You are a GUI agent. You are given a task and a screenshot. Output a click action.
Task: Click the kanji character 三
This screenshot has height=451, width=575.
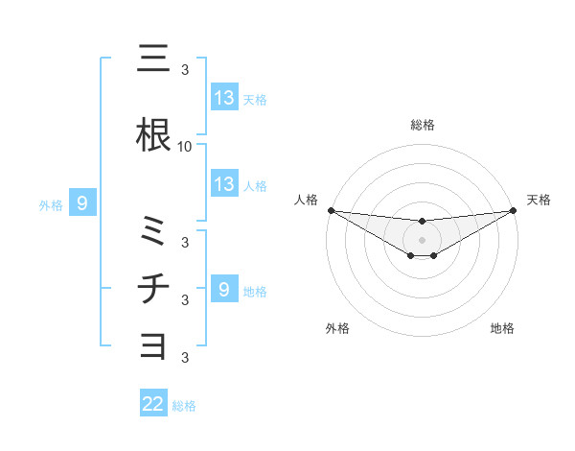153,59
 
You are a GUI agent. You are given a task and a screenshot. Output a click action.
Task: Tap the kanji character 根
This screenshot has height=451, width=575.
153,135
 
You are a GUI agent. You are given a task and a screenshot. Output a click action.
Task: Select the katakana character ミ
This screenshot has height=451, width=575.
153,231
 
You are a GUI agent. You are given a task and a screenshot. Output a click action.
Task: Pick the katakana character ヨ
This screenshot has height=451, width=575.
153,344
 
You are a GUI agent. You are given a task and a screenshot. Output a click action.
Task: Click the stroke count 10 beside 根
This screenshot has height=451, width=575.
185,147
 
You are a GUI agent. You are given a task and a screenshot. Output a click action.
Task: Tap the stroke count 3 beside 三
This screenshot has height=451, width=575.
185,70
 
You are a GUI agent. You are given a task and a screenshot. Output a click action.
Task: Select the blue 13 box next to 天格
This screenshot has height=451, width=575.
224,98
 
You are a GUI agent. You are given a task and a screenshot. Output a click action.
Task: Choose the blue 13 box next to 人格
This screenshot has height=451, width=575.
224,184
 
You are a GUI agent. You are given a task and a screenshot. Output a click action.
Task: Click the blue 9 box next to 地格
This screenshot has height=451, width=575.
224,289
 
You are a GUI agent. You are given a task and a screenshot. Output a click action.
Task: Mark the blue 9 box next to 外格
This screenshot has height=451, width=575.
83,203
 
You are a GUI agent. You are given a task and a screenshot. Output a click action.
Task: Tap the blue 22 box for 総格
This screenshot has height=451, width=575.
153,404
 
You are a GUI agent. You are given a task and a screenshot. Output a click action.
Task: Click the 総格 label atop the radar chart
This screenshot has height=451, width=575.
423,125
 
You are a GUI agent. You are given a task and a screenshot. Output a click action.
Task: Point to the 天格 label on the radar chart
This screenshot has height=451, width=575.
540,200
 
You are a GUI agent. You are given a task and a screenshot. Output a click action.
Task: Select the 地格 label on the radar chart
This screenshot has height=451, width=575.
502,328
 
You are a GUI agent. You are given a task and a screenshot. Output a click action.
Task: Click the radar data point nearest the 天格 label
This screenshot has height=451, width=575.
514,210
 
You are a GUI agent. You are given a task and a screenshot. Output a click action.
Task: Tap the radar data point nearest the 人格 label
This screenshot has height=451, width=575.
331,210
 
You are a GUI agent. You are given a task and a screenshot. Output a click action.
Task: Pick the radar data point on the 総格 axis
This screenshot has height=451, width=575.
423,222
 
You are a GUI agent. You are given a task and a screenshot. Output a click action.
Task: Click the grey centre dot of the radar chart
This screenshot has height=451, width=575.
423,240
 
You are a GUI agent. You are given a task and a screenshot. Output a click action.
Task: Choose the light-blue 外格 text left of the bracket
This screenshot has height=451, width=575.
50,204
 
